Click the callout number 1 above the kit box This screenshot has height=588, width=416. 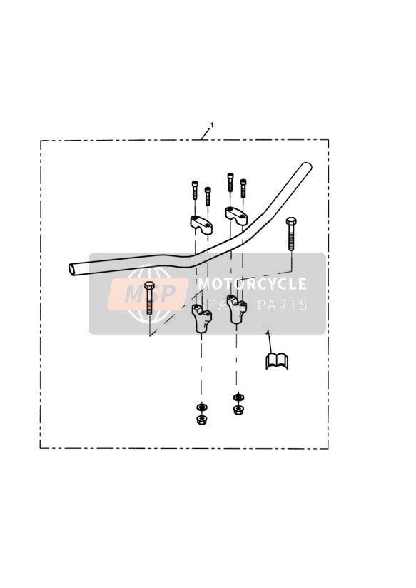click(212, 124)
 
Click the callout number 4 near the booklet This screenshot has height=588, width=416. click(268, 333)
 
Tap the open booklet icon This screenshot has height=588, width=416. click(277, 361)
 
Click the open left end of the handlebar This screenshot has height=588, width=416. click(72, 269)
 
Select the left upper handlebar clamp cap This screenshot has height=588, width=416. click(201, 225)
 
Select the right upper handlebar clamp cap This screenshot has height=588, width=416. click(236, 216)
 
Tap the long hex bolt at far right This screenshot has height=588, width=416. click(291, 233)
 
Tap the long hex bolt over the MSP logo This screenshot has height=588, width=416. click(149, 298)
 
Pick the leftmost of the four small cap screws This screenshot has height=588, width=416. click(195, 190)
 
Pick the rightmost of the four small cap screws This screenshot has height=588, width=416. click(243, 188)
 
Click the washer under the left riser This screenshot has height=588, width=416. click(201, 407)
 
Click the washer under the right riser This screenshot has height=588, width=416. click(237, 397)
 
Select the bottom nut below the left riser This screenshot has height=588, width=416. click(201, 420)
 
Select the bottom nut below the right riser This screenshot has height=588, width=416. click(237, 410)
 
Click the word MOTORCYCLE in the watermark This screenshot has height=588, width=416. click(253, 284)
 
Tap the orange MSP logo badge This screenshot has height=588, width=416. click(148, 294)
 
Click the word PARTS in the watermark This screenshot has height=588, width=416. click(283, 305)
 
